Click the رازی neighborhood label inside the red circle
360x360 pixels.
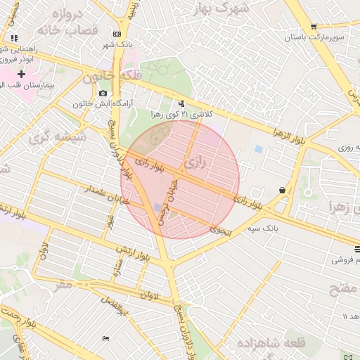point(196,164)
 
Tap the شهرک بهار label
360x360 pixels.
point(224,9)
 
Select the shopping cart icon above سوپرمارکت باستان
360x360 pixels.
point(314,26)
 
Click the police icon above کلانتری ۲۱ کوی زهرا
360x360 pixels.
point(183,103)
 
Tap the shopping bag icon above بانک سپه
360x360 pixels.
point(282,190)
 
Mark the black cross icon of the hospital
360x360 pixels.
point(22,74)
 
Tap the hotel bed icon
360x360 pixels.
point(106,339)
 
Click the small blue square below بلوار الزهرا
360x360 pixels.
point(259,150)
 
